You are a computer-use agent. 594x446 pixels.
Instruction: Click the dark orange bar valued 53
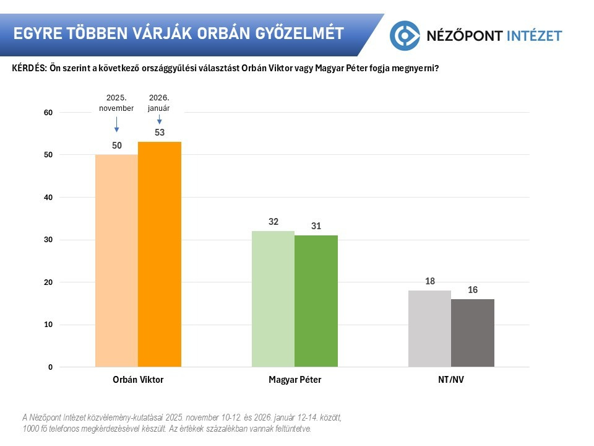coord(160,254)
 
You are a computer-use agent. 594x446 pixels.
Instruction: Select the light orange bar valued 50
coord(116,260)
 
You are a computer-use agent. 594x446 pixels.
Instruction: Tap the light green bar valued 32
coord(273,299)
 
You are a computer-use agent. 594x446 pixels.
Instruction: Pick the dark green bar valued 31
coord(316,301)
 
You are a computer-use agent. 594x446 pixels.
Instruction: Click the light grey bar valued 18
coord(430,328)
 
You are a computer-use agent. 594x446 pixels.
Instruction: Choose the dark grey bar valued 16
coord(473,333)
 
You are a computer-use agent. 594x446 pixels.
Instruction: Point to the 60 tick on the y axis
coord(48,113)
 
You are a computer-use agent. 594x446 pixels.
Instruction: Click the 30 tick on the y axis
coord(48,240)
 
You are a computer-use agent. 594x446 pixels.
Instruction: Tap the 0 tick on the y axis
coord(50,367)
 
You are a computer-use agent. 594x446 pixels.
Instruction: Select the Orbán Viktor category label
coord(138,380)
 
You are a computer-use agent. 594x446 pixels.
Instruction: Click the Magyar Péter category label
coord(295,380)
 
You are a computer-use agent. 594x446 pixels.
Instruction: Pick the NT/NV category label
coord(451,380)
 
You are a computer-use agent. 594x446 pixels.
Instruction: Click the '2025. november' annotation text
coord(116,103)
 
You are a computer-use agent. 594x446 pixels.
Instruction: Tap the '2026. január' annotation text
coord(159,103)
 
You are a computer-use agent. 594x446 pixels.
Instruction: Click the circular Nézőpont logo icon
coord(405,35)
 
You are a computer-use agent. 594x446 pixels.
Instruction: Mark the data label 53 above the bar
coord(160,133)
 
